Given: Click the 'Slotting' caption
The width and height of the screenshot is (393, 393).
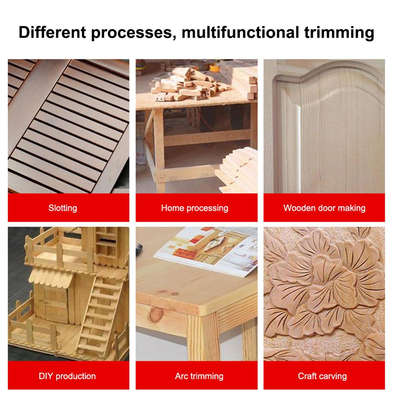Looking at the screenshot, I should (63, 208).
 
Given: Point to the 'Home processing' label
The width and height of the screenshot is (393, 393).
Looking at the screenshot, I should (195, 208).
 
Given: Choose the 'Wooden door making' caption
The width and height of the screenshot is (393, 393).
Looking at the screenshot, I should (324, 208).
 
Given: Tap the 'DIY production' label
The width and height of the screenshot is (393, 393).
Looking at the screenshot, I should (67, 376).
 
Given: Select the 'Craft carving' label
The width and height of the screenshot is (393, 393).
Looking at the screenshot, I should (322, 376).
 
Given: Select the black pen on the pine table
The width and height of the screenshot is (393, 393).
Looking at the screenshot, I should (138, 248).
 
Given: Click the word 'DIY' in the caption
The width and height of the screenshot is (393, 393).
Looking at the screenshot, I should (46, 376).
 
